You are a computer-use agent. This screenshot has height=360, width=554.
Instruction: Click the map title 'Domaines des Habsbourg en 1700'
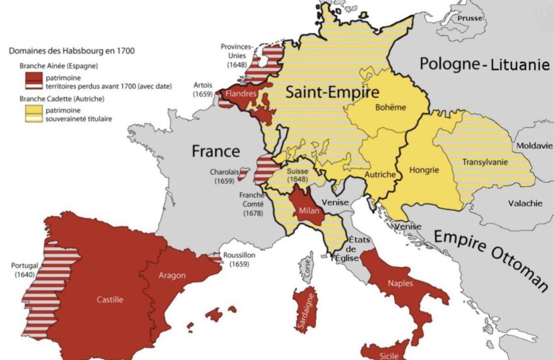[72, 51]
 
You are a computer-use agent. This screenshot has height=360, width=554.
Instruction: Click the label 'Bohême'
[391, 108]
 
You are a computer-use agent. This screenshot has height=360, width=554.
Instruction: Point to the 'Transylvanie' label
[485, 162]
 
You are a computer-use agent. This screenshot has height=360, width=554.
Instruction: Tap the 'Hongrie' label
[424, 170]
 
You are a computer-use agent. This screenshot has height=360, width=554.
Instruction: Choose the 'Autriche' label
[380, 175]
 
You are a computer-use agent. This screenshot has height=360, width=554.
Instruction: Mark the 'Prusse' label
[470, 18]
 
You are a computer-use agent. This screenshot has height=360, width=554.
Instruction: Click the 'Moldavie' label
[534, 146]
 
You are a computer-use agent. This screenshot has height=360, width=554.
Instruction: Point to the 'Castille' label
[110, 300]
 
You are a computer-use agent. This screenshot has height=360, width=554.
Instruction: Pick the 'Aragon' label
[172, 276]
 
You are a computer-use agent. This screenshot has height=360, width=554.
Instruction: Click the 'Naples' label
[400, 283]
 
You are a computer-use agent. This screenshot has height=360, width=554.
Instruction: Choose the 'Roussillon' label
[239, 255]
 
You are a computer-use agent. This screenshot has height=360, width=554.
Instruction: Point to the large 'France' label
[216, 151]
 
